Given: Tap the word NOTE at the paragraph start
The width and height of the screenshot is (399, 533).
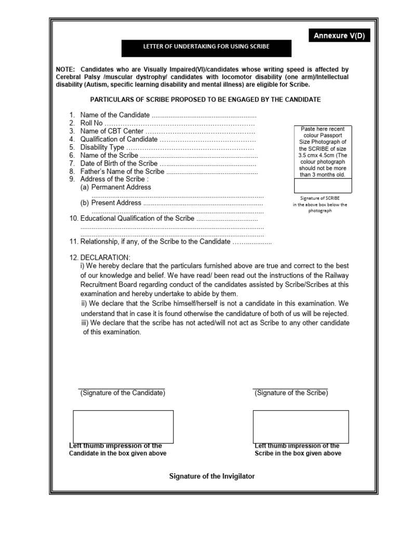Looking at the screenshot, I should click(x=66, y=69).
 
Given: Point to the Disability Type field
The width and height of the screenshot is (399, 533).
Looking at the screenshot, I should click(x=166, y=147).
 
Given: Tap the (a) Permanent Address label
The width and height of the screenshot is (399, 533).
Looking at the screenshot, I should click(x=116, y=187).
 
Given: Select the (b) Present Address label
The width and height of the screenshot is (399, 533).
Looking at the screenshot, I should click(x=111, y=203).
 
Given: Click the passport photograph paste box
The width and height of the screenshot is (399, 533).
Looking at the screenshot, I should click(x=323, y=151).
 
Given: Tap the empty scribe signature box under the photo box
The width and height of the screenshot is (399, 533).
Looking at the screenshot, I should click(x=323, y=186).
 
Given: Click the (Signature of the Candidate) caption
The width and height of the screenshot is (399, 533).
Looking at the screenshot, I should click(x=123, y=393).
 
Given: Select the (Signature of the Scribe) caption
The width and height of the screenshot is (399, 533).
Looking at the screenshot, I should click(x=291, y=393).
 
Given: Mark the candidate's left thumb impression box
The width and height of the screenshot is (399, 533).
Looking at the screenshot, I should click(x=123, y=426).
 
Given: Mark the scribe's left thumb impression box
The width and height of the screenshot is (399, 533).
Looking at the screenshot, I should click(x=301, y=426).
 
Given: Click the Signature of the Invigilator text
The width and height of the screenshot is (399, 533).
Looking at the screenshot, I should click(x=212, y=476).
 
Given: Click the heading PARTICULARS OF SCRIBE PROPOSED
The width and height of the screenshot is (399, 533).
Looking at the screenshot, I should click(x=206, y=99).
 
